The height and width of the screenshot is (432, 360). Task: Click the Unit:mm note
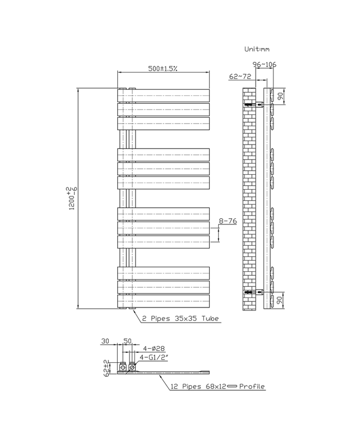tap(257, 49)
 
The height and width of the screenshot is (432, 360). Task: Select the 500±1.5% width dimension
tap(163, 69)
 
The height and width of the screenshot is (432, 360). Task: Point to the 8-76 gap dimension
tap(228, 222)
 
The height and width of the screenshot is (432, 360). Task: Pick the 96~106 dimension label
tap(265, 64)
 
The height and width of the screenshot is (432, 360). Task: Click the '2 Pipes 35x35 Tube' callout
tap(180, 319)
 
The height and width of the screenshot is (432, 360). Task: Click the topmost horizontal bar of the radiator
tap(163, 95)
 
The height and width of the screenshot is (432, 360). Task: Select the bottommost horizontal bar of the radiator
tap(163, 301)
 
